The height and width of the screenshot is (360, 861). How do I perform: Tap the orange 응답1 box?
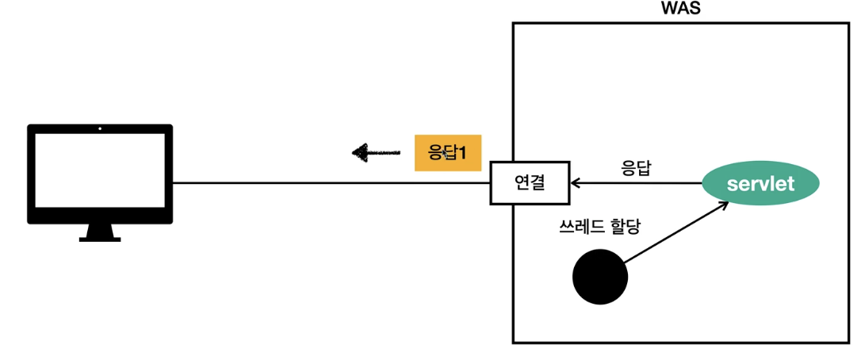[x=449, y=152]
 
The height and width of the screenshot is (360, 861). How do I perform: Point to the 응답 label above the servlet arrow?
[x=635, y=168]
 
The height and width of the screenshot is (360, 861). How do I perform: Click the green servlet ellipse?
[x=760, y=183]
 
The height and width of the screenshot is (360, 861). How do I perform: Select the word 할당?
[x=624, y=226]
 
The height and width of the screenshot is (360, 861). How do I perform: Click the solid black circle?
[x=600, y=277]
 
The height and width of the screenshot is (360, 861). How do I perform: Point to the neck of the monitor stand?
[x=100, y=229]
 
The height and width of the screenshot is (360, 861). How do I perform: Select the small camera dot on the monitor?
[x=100, y=128]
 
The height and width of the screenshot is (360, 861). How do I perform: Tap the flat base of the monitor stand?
[x=100, y=239]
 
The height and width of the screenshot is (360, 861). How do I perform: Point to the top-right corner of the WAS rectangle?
[x=850, y=24]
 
